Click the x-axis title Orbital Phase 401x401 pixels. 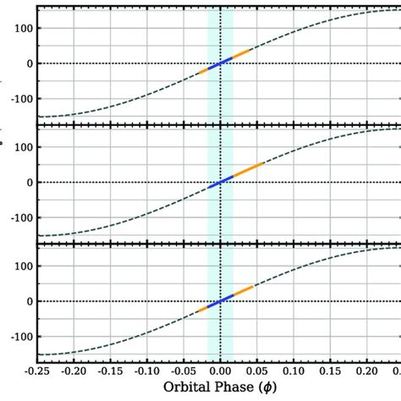[x=218, y=389]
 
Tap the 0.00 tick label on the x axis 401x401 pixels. [x=220, y=371]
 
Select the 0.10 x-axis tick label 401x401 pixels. [x=294, y=371]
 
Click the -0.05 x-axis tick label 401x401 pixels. [x=184, y=371]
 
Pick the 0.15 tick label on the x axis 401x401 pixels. [x=330, y=371]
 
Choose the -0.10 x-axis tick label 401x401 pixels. [x=147, y=371]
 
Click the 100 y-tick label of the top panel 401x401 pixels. [x=20, y=28]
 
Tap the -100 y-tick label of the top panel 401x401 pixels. [x=18, y=99]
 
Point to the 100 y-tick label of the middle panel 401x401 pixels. [x=20, y=147]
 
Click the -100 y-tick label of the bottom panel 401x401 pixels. [x=18, y=337]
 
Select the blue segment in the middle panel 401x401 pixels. [x=220, y=182]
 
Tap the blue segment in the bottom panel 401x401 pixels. [x=220, y=301]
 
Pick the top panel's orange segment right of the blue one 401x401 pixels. [x=241, y=54]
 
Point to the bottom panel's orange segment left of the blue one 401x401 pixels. [x=201, y=309]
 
